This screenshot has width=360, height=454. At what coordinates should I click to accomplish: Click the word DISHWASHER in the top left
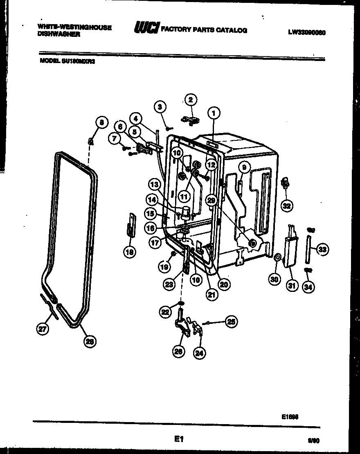59,35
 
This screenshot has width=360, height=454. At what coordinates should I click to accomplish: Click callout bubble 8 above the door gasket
101,122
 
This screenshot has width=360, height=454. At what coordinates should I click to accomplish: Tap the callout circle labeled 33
323,248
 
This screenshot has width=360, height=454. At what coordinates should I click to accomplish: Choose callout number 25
231,322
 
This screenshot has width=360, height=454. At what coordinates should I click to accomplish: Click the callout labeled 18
130,253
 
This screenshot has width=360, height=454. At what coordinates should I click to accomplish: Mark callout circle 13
154,185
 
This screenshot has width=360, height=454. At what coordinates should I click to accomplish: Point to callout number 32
287,205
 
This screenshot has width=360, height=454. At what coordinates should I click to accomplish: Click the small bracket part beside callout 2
191,120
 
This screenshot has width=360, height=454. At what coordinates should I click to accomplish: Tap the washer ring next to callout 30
277,257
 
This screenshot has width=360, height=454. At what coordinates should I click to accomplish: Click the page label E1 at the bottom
178,439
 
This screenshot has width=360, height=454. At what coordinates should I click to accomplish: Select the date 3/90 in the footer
313,440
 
